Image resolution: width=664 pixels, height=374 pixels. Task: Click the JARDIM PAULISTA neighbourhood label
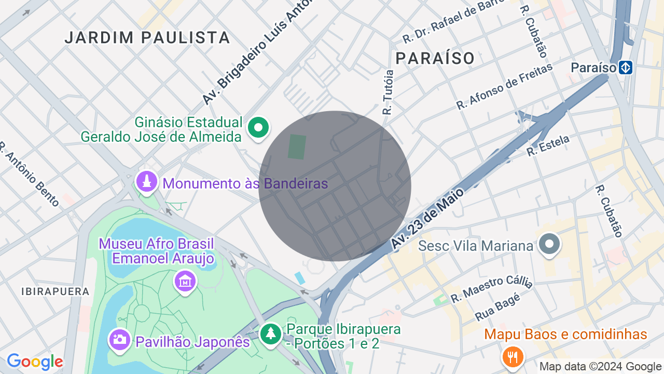point(147,37)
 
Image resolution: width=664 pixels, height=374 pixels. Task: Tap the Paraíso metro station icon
point(626,68)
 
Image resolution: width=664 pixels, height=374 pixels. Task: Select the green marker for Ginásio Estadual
point(258,127)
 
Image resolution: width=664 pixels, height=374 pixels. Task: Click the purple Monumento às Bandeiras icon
point(147,182)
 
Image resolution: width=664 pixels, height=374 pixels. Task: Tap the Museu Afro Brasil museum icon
point(185,281)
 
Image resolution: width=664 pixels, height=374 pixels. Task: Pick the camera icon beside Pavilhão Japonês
point(119,340)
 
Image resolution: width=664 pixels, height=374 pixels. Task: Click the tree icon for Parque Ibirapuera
point(270,334)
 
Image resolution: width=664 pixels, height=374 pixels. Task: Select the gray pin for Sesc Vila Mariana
point(549,244)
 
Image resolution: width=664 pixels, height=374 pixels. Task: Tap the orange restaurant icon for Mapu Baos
point(513,357)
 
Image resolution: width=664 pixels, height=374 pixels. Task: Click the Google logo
point(35,362)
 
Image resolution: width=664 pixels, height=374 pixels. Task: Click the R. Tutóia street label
point(388,92)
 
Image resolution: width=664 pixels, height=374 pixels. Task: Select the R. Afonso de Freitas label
point(504,86)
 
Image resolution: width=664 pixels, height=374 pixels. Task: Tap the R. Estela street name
point(548,145)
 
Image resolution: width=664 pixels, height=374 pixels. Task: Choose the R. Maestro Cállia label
point(491,289)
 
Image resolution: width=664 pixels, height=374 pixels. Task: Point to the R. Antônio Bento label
point(30,174)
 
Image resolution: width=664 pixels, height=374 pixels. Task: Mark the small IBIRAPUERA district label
point(56,291)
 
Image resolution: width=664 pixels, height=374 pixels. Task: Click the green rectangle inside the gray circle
point(297,147)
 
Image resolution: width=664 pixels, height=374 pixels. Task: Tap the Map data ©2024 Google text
point(600,367)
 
